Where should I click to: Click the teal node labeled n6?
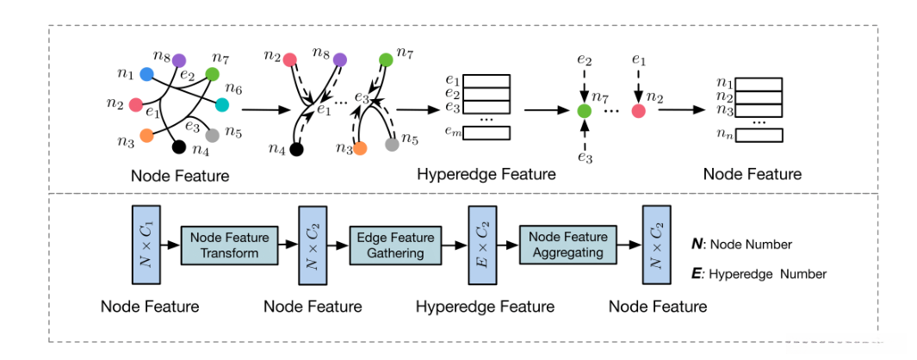[x=221, y=105]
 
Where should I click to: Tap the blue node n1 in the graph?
[x=147, y=76]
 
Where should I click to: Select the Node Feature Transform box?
[x=229, y=245]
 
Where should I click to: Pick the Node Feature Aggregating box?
[x=567, y=245]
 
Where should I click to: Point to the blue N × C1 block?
[x=141, y=245]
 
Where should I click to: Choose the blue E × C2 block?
[x=480, y=245]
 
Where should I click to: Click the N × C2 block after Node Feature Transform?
[x=310, y=245]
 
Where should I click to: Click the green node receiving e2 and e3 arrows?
[x=585, y=111]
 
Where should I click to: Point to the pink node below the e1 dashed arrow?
[x=638, y=111]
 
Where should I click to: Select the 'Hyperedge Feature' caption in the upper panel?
[x=486, y=175]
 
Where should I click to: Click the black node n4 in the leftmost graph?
[x=179, y=146]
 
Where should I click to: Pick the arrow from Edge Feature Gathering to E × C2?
[x=453, y=245]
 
